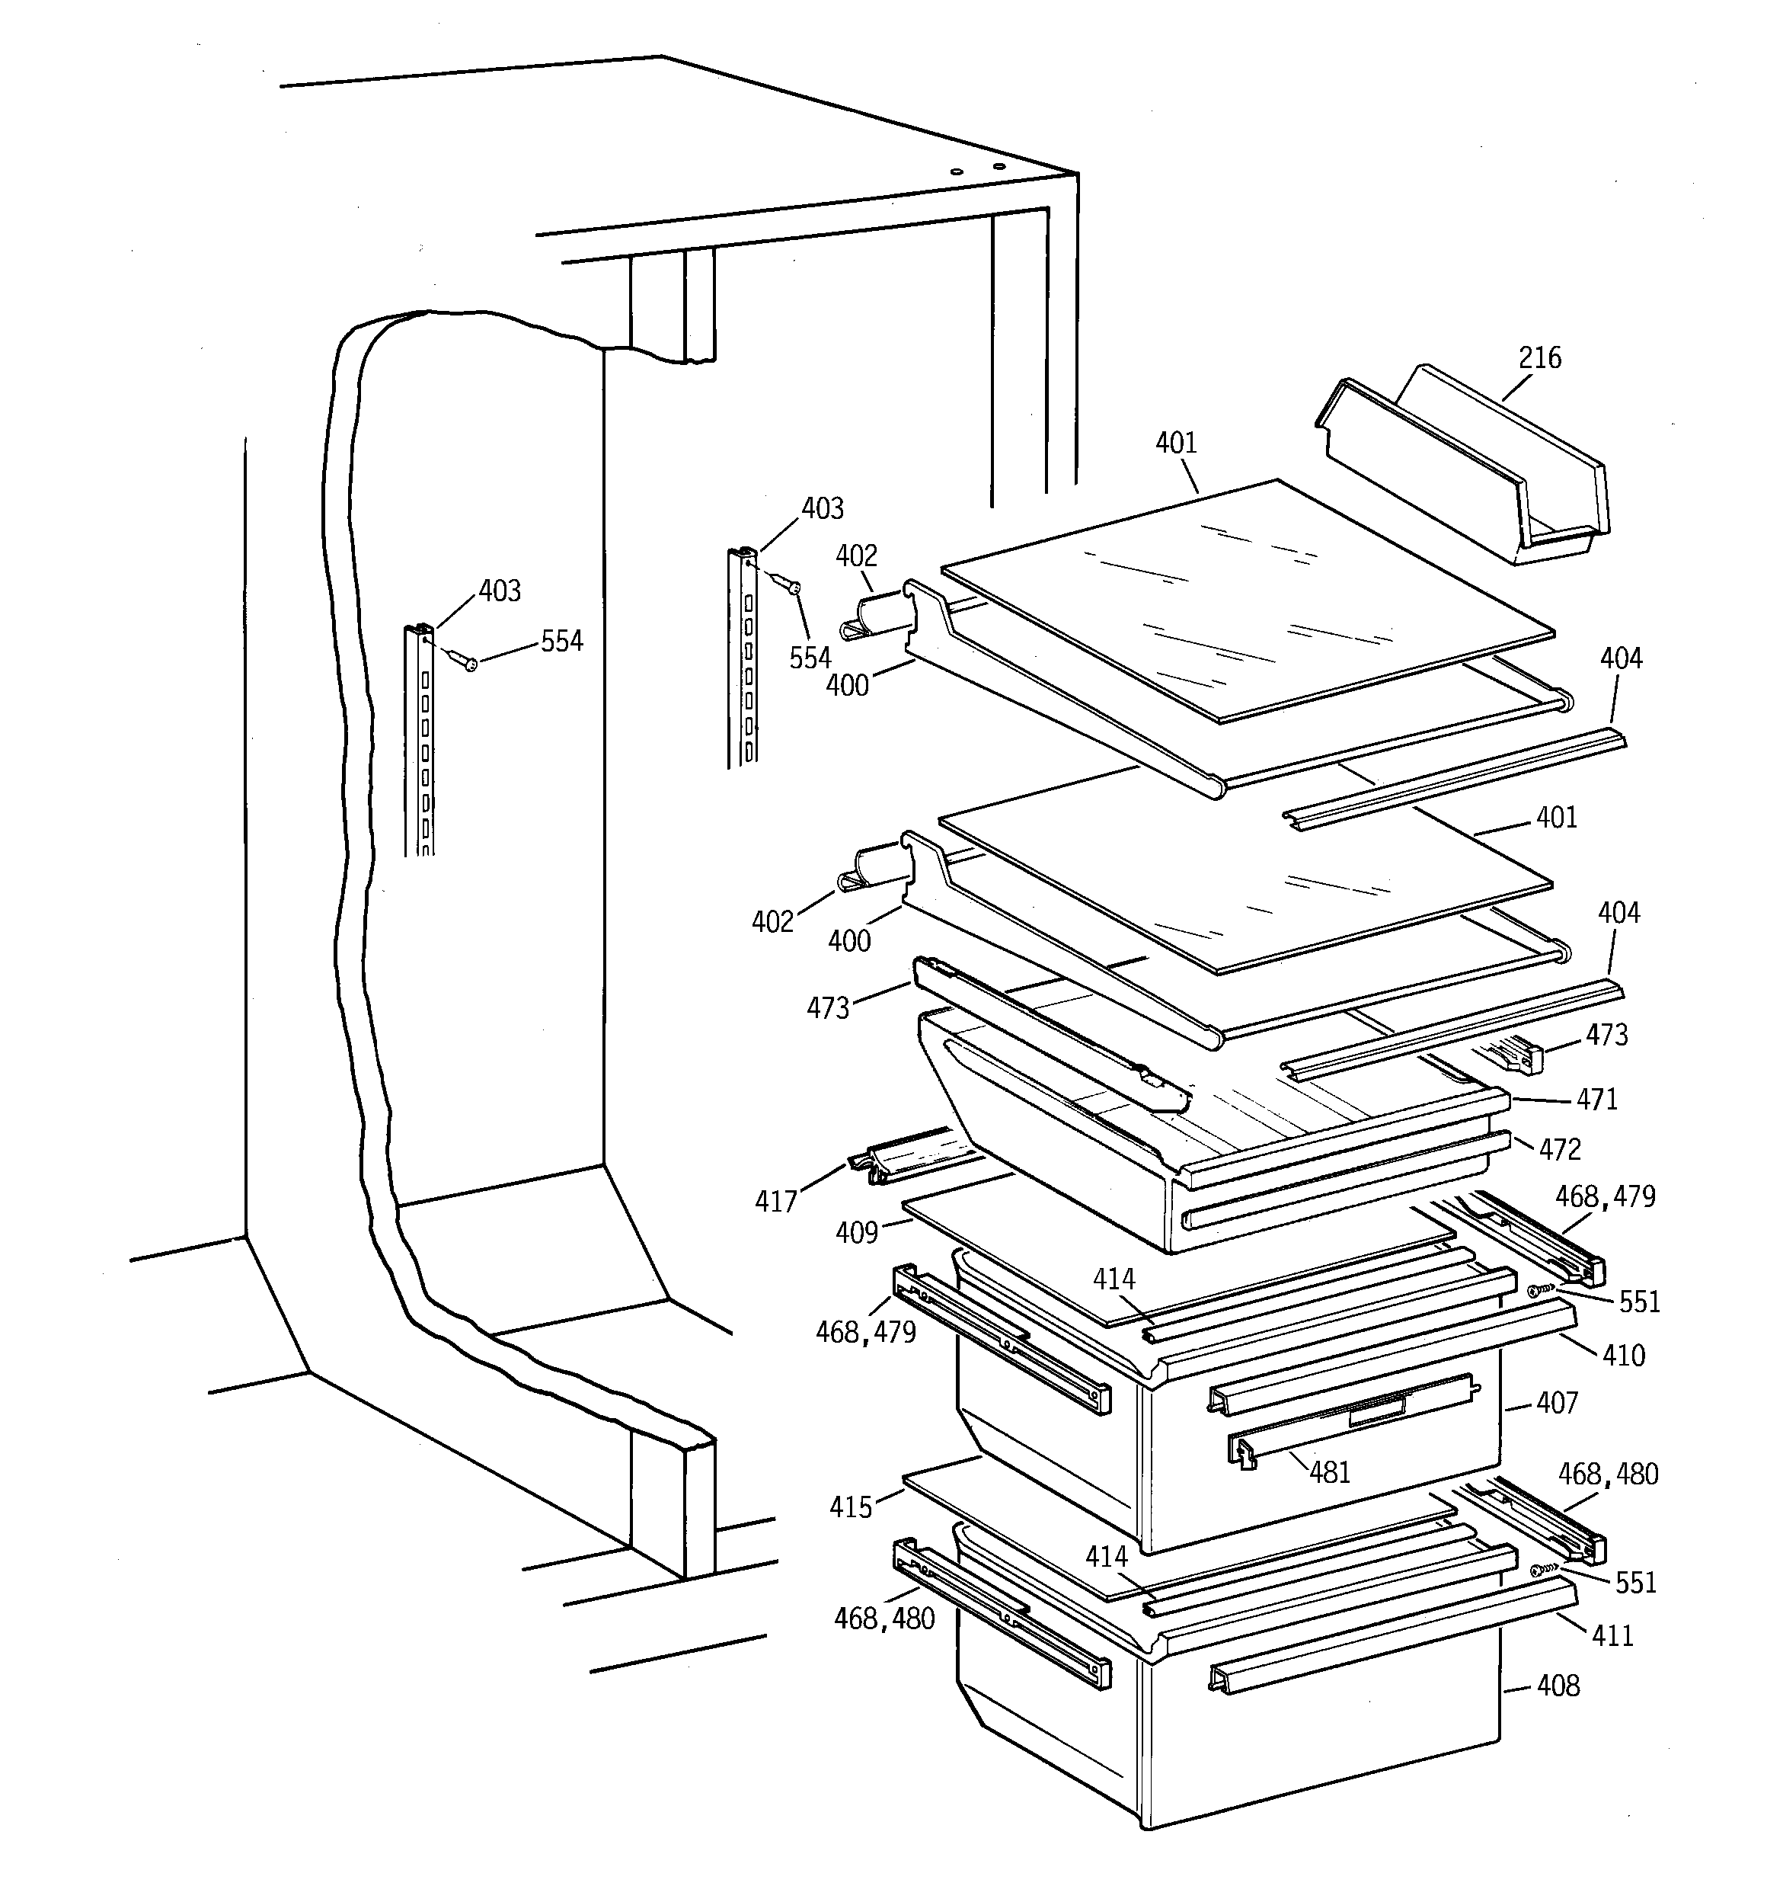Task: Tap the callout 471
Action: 1597,1100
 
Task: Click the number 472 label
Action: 1561,1150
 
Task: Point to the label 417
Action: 776,1202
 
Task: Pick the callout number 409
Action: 857,1232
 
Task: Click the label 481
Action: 1330,1472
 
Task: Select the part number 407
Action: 1558,1402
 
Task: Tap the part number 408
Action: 1558,1686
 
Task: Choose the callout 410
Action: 1623,1355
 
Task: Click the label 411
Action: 1612,1635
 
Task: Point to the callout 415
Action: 850,1507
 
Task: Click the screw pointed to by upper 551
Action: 1542,1290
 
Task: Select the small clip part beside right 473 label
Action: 1517,1053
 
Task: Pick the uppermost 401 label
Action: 1176,443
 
